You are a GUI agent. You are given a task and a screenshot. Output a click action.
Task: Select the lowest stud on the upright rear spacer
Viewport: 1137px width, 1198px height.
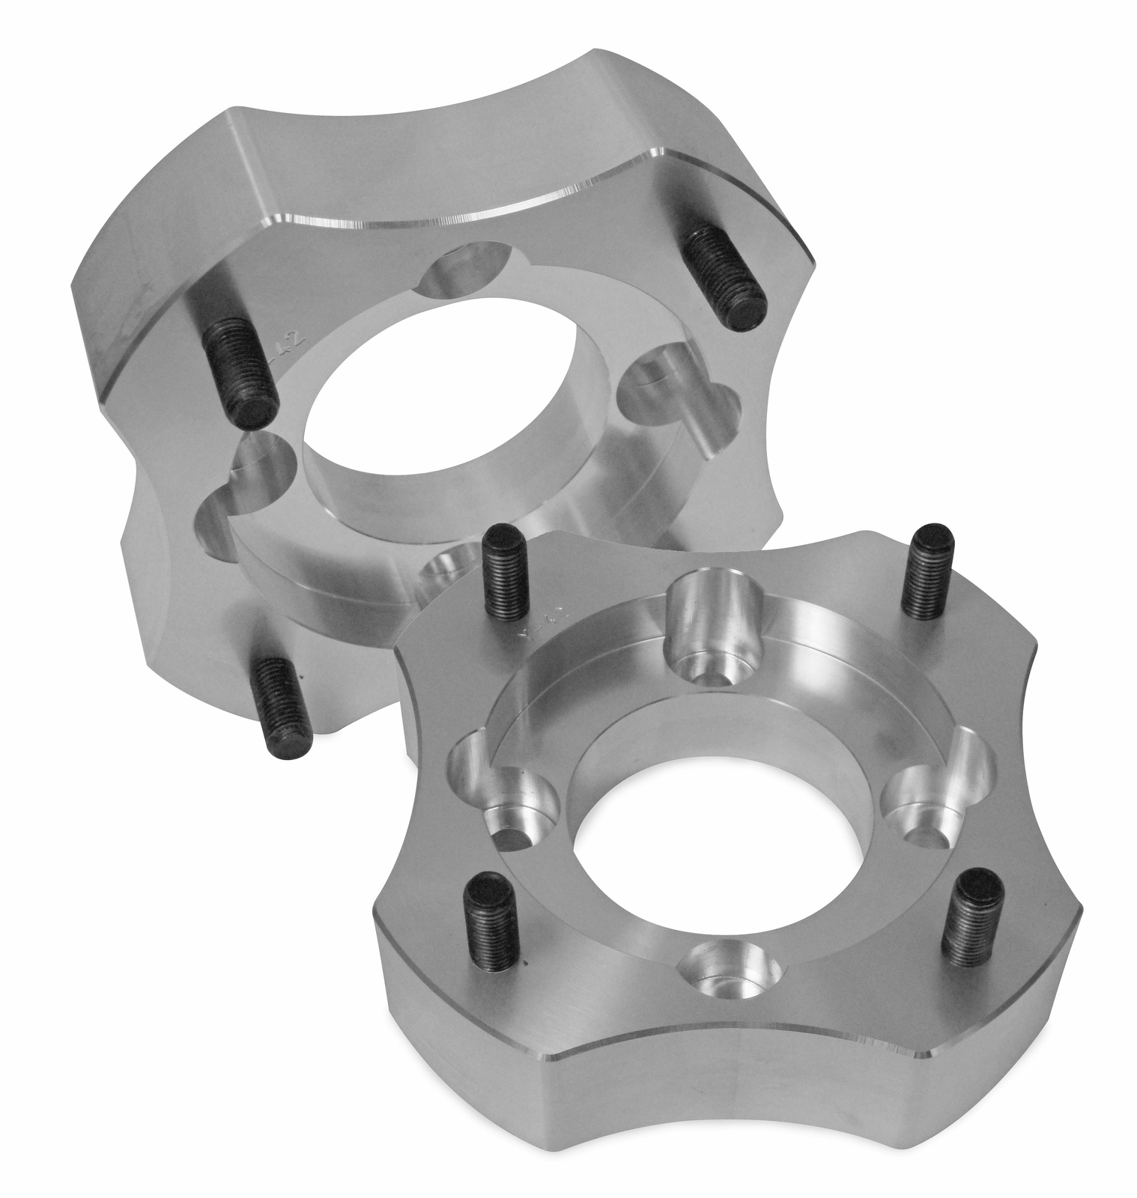[284, 705]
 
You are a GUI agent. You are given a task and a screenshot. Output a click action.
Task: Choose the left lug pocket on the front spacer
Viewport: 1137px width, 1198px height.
[509, 801]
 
